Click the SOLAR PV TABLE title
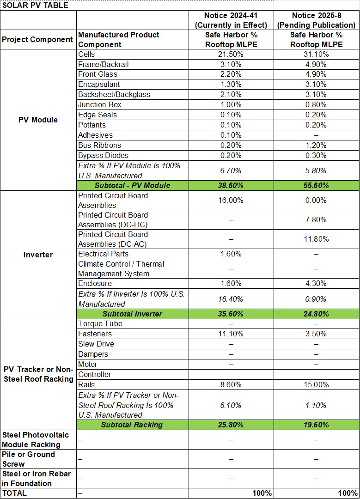35,6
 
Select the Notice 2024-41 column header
231,20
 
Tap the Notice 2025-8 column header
317,20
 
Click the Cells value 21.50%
231,55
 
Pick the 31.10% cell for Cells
317,55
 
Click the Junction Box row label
100,105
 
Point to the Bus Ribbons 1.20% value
317,146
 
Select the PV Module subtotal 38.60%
231,185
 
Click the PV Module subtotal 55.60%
317,185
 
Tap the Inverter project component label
38,255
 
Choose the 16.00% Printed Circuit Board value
231,201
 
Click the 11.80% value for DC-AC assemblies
317,239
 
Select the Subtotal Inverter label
132,314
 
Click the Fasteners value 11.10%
231,334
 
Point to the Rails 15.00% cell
317,385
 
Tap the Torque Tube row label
100,324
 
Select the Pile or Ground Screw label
29,459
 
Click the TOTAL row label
14,493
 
